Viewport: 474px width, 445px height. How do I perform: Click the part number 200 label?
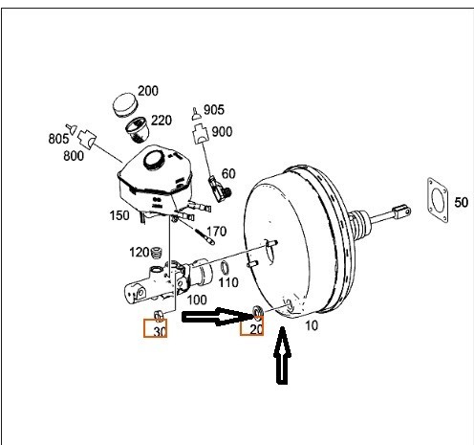(x=148, y=91)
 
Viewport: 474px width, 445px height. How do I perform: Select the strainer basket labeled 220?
(x=138, y=128)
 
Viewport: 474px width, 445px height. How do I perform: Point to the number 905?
(x=214, y=110)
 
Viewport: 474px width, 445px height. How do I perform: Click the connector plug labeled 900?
(x=201, y=134)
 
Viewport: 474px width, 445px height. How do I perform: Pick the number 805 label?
(x=58, y=139)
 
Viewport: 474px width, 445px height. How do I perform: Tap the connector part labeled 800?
(x=87, y=139)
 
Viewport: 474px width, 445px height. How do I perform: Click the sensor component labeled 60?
(x=219, y=189)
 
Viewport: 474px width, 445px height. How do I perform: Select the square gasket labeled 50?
(x=438, y=200)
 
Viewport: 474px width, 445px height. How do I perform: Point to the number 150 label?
(x=119, y=215)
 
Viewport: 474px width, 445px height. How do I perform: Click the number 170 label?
(x=217, y=232)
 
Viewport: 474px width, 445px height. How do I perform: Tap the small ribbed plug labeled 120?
(x=156, y=254)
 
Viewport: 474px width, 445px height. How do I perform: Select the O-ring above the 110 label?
(x=225, y=268)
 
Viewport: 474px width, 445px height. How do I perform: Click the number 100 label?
(x=197, y=300)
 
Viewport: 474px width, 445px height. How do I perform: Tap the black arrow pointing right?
(x=218, y=317)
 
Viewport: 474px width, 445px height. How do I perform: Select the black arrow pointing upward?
(x=282, y=355)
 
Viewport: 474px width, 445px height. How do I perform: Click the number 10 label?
(x=312, y=325)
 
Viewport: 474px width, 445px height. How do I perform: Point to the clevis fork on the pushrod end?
(x=402, y=211)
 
